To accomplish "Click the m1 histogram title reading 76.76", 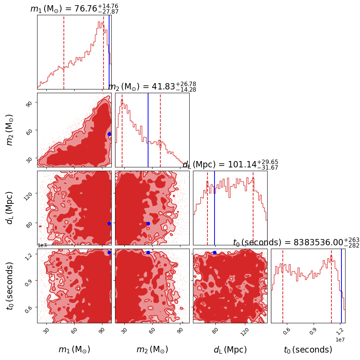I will [x=74, y=9].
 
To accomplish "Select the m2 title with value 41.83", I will [x=152, y=86].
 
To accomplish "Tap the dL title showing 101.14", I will [x=230, y=164].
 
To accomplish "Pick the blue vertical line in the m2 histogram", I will [x=148, y=130].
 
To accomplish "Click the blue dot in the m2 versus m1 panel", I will [x=109, y=134].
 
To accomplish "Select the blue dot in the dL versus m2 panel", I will [x=148, y=223].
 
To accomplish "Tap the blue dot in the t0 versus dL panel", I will [x=215, y=252].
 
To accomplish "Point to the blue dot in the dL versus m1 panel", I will [x=109, y=223].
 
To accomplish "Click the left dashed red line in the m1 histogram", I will [x=64, y=52].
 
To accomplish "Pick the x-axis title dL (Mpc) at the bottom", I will [x=230, y=350].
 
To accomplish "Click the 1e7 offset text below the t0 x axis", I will [x=340, y=340].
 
